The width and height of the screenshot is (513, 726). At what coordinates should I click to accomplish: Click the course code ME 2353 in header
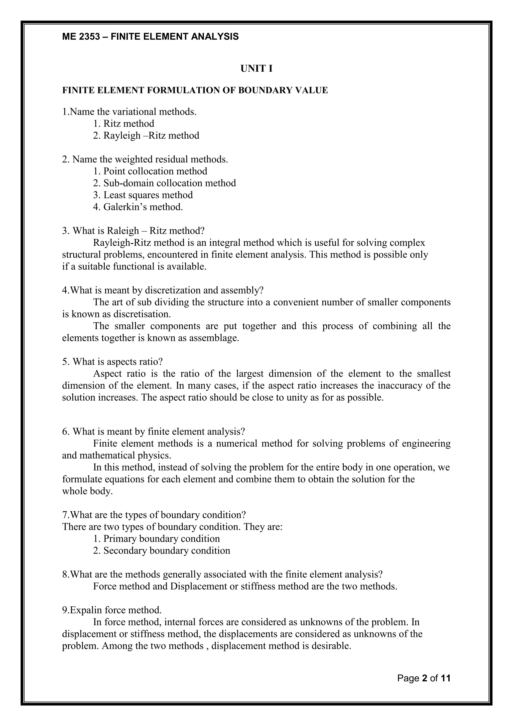point(81,37)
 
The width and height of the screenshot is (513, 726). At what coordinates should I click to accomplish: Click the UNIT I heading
point(256,69)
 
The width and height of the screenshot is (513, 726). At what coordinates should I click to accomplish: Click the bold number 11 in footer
point(445,687)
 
